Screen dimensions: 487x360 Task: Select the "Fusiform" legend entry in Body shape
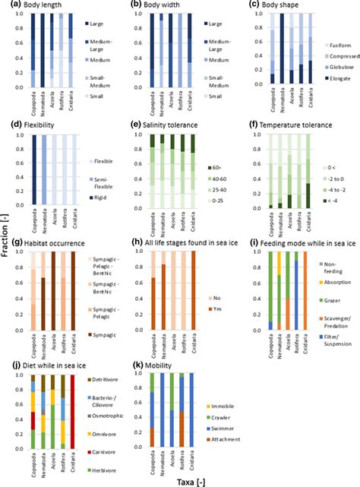click(337, 46)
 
